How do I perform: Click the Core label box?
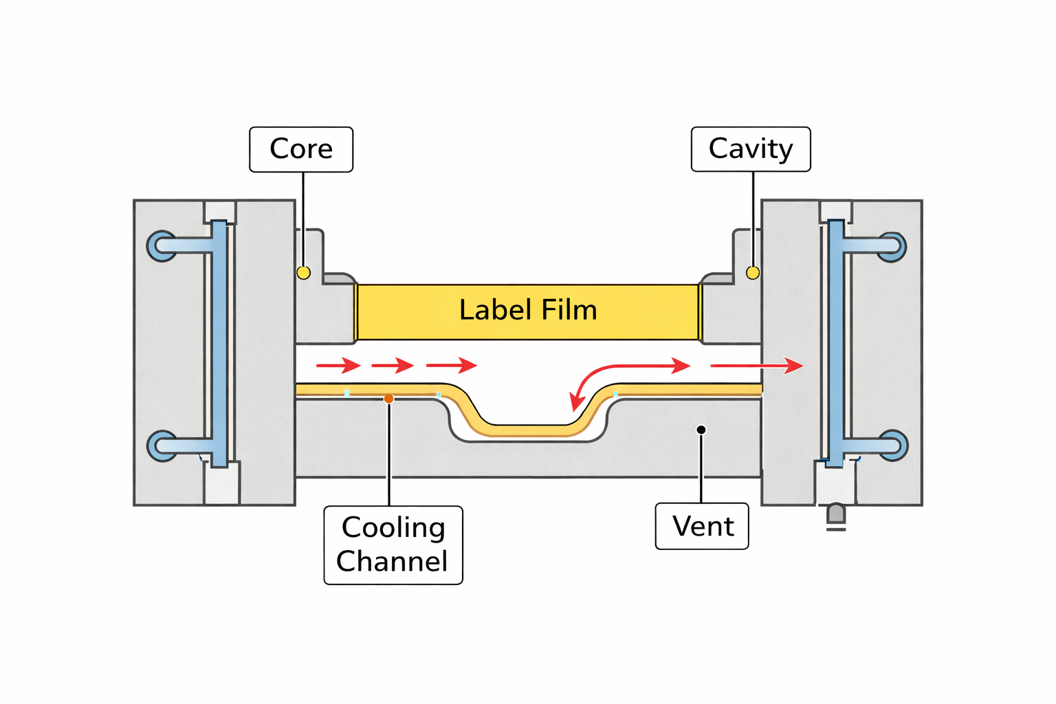(301, 149)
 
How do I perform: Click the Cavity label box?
(751, 149)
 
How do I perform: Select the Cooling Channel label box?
(393, 545)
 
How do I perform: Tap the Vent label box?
(702, 527)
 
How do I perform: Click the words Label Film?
(528, 311)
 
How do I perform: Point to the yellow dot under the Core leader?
(303, 273)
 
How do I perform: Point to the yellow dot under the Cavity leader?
(753, 273)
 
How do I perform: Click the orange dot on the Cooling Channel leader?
(388, 399)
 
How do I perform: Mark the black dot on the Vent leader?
(701, 430)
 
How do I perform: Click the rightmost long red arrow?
(756, 366)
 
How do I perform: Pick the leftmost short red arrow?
(338, 365)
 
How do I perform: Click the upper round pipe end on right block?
(892, 246)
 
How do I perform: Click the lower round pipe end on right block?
(893, 445)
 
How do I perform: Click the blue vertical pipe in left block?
(219, 344)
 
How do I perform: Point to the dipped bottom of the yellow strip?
(529, 430)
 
